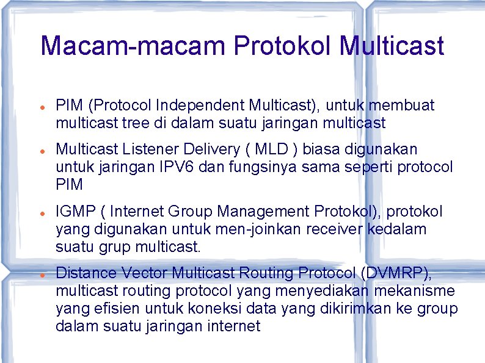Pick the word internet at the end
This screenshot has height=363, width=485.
235,326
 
